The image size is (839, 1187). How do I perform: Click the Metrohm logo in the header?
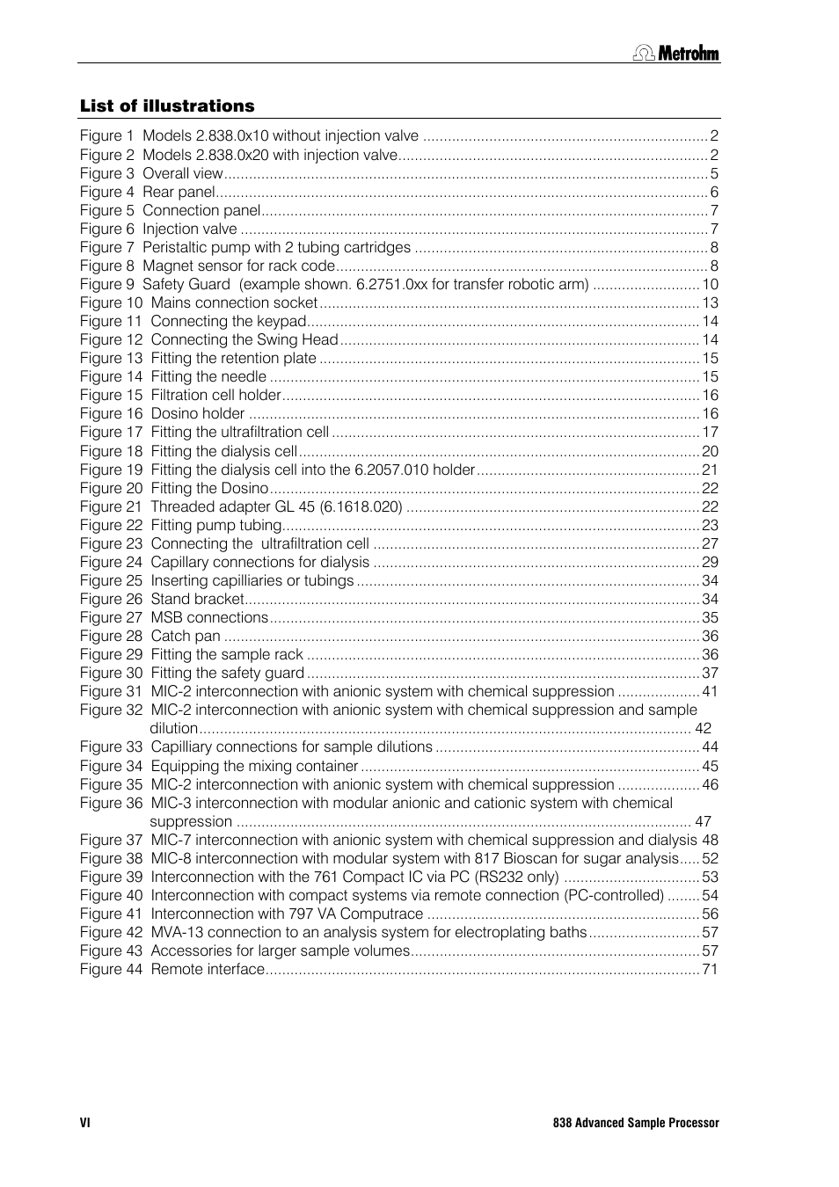pyautogui.click(x=676, y=54)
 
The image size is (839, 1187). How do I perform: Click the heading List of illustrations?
pyautogui.click(x=167, y=106)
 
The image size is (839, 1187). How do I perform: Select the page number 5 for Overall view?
pyautogui.click(x=714, y=174)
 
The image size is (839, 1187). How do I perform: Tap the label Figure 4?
pyautogui.click(x=106, y=193)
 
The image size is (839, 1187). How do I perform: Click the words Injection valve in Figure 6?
pyautogui.click(x=189, y=229)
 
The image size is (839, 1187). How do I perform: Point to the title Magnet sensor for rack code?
pyautogui.click(x=238, y=266)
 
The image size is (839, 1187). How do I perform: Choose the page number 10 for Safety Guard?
pyautogui.click(x=710, y=285)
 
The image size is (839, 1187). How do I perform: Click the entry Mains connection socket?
pyautogui.click(x=234, y=303)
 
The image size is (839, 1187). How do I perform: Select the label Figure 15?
pyautogui.click(x=111, y=396)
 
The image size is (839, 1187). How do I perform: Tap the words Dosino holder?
pyautogui.click(x=198, y=414)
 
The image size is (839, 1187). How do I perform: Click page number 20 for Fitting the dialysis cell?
pyautogui.click(x=710, y=452)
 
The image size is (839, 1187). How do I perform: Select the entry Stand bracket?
pyautogui.click(x=197, y=600)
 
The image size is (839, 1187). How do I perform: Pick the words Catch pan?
pyautogui.click(x=186, y=637)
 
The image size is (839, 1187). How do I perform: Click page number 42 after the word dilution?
pyautogui.click(x=703, y=729)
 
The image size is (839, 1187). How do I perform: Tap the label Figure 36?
pyautogui.click(x=111, y=804)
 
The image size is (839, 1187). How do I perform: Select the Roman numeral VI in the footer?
pyautogui.click(x=85, y=1123)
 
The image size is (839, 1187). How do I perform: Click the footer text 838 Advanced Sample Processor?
pyautogui.click(x=635, y=1123)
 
